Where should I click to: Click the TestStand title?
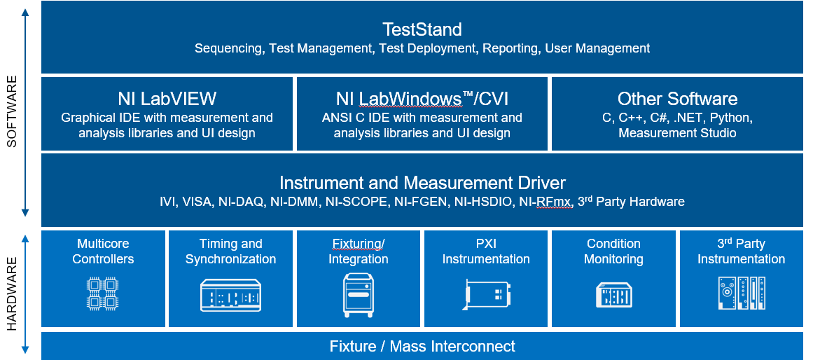[422, 29]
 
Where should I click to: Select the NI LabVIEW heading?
[167, 99]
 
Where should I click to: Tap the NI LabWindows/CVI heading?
[422, 99]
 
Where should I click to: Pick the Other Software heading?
[677, 99]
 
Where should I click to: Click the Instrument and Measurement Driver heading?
[422, 183]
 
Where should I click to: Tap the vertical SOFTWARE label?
[12, 116]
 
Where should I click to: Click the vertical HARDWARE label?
[12, 293]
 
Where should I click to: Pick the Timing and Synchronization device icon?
[230, 295]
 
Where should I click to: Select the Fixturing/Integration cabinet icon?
[358, 295]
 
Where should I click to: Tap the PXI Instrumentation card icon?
[486, 295]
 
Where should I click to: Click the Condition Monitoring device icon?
[613, 295]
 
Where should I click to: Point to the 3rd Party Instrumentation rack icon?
[741, 293]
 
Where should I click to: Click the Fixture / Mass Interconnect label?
[422, 346]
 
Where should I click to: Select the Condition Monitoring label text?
[613, 251]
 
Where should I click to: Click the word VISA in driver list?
[197, 202]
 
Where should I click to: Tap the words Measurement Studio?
[677, 132]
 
